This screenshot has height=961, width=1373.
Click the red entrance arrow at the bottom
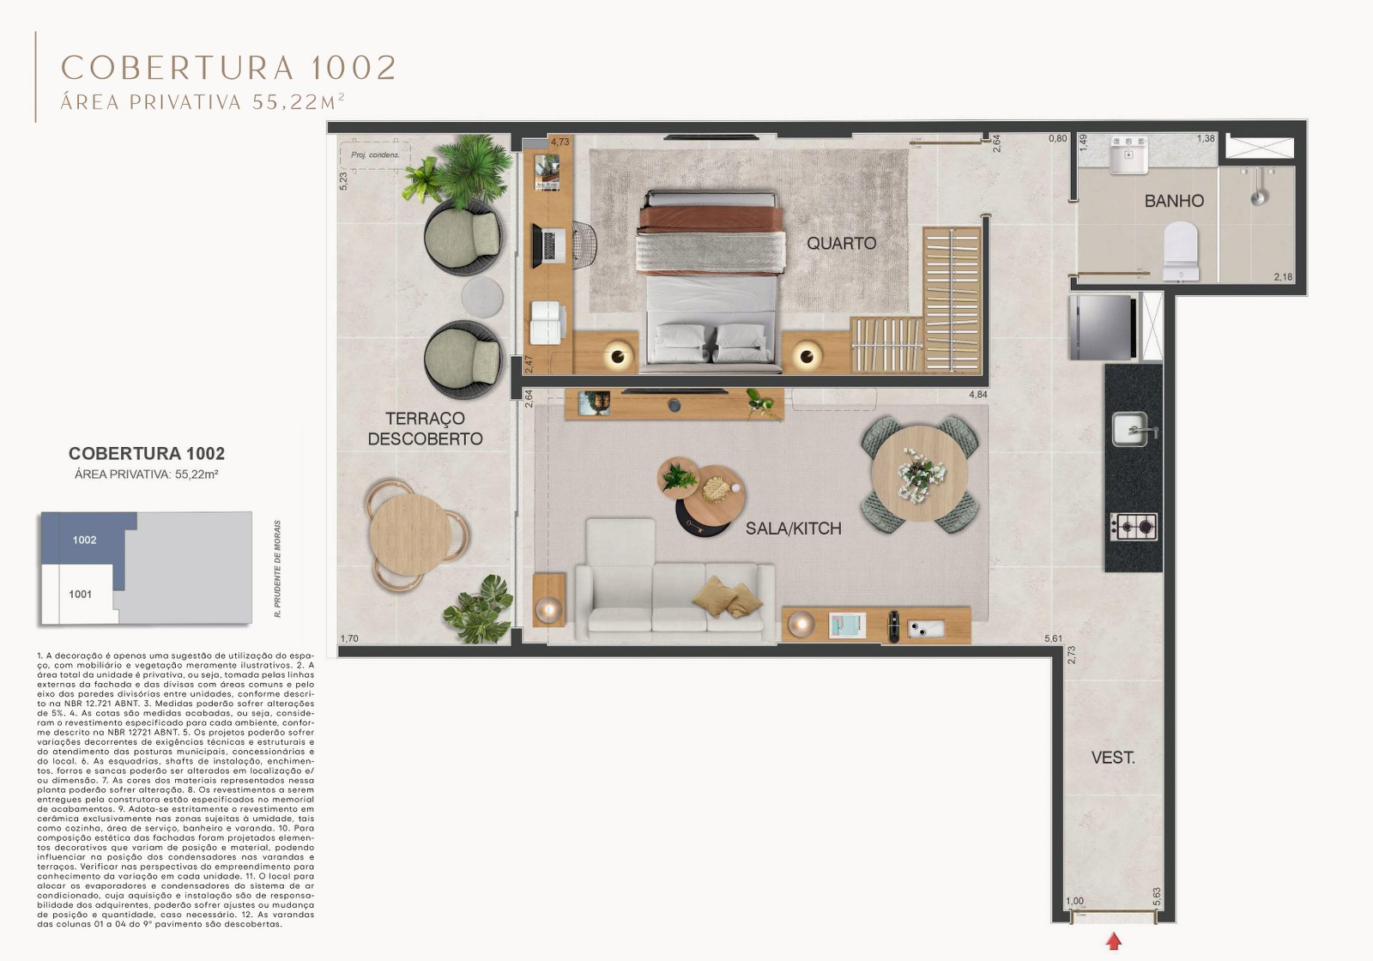click(x=1114, y=941)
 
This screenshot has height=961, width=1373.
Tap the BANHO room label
click(x=1173, y=201)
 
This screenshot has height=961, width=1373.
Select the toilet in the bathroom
click(x=1181, y=251)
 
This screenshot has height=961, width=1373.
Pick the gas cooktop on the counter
click(x=1134, y=526)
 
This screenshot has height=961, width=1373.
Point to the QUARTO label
click(x=841, y=243)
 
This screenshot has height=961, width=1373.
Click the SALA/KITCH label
click(x=793, y=529)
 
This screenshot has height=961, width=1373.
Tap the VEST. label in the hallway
click(x=1113, y=758)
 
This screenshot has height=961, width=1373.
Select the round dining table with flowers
click(x=919, y=474)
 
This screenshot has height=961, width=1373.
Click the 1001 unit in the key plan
click(x=81, y=594)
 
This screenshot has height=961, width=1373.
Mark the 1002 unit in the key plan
click(x=85, y=540)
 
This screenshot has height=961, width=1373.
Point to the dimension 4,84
click(x=977, y=395)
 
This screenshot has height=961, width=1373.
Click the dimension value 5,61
click(x=1053, y=638)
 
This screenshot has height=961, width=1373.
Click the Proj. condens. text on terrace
click(x=375, y=155)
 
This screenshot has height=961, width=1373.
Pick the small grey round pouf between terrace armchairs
click(x=481, y=296)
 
